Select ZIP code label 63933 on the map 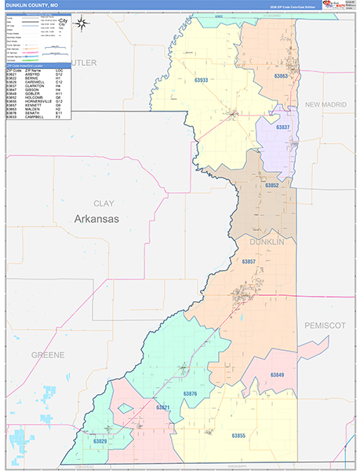click(202, 80)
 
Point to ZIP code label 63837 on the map click(282, 127)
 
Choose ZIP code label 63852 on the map click(272, 184)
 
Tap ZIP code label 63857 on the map click(249, 261)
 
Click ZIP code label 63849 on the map click(277, 375)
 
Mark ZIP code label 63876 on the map click(191, 393)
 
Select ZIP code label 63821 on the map click(163, 407)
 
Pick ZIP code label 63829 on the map click(100, 442)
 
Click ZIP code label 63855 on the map click(238, 435)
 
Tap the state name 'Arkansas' click(96, 219)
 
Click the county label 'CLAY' click(104, 203)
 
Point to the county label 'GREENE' click(48, 355)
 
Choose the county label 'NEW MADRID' click(325, 104)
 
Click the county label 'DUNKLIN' click(267, 243)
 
